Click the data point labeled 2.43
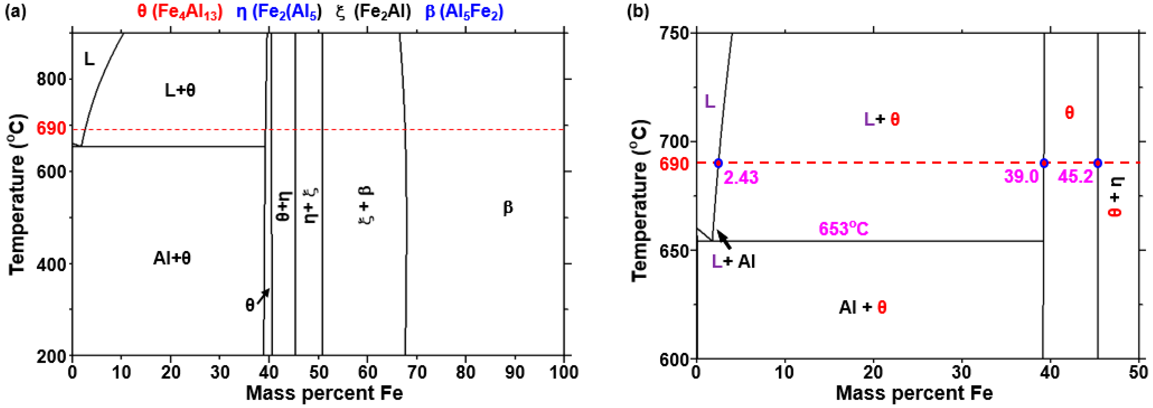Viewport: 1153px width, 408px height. (718, 163)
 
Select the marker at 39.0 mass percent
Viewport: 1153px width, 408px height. (1044, 163)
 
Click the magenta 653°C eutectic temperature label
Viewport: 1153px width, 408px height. (843, 229)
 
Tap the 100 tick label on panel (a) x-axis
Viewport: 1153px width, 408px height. (563, 371)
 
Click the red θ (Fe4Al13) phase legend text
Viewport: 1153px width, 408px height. (180, 12)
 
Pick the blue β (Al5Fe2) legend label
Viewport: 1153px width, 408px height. (464, 12)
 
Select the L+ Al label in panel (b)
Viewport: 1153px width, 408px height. (733, 262)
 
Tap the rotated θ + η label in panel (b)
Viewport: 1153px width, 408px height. (1115, 197)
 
